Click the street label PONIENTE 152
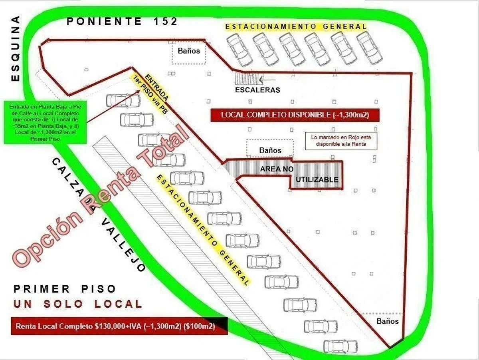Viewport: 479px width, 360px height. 122,22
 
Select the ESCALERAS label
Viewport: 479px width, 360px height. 257,90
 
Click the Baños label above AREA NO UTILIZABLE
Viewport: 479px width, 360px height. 270,150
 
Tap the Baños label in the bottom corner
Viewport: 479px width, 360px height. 388,321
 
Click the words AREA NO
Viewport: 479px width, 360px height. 277,169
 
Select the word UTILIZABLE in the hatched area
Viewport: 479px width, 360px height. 317,180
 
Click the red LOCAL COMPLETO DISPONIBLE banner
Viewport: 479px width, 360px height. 295,115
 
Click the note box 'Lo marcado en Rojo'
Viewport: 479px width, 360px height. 341,141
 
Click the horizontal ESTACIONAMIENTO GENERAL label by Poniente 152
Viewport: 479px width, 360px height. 296,27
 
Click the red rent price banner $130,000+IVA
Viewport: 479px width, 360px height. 119,326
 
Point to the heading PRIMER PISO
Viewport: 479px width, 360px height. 65,289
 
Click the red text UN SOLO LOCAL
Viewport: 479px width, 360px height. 78,304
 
